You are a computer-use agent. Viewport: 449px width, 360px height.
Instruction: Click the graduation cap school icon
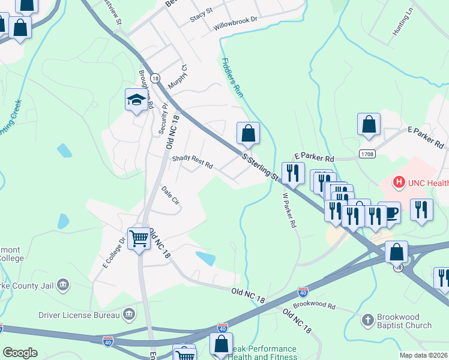pos(136,100)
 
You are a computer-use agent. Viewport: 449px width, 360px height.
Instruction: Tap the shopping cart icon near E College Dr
pos(139,239)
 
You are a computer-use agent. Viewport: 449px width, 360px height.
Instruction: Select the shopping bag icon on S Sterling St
pos(248,133)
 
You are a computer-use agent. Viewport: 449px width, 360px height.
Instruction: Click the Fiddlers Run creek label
pos(231,78)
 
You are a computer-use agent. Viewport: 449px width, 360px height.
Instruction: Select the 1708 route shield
pos(368,154)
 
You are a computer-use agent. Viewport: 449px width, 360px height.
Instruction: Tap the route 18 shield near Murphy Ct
pos(155,78)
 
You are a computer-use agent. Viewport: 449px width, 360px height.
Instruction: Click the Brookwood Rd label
pos(315,305)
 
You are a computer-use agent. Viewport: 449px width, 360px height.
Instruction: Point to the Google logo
pos(20,352)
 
